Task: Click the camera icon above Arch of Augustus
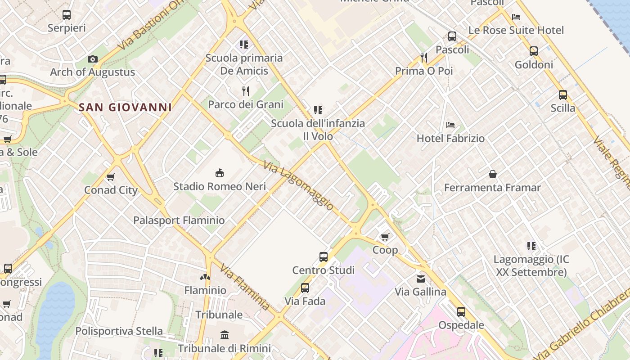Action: pos(93,59)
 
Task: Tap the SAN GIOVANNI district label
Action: pos(126,107)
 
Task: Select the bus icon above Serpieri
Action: pos(67,15)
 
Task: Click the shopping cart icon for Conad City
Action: pos(111,177)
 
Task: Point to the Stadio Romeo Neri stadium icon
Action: pos(220,173)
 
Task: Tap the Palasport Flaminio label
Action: pos(179,220)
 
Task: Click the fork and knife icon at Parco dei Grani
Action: pos(246,91)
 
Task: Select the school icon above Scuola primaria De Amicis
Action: pos(244,45)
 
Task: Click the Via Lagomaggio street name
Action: pos(299,186)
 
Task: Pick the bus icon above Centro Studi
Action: pos(323,257)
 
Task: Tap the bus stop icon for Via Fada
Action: pos(305,288)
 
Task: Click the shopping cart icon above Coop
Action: pos(385,237)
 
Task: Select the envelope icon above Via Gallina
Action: pos(420,279)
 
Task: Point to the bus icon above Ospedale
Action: pos(461,312)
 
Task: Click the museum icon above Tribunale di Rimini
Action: pos(224,335)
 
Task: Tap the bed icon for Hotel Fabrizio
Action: pos(450,125)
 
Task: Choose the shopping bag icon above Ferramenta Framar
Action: pos(493,174)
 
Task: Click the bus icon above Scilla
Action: pos(563,95)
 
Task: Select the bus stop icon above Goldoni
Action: pos(534,51)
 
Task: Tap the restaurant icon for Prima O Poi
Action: pos(423,57)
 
